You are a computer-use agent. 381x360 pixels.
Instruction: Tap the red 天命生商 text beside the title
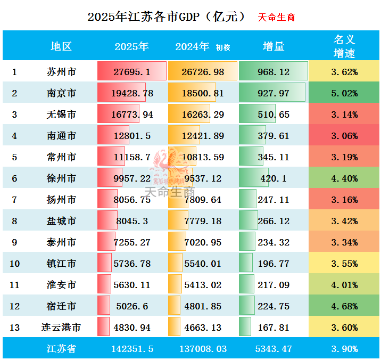(276, 17)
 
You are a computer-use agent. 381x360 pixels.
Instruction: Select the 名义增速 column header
(344, 46)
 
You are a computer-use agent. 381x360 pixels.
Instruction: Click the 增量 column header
(274, 46)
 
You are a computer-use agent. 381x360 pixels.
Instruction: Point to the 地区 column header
(61, 46)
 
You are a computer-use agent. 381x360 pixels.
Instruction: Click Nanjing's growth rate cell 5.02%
(344, 93)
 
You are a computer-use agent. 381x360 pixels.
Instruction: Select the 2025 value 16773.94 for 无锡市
(132, 114)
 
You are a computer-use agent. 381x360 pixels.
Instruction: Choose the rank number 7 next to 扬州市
(14, 200)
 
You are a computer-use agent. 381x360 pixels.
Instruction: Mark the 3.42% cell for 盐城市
(344, 221)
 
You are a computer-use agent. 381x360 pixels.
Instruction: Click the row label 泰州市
(61, 242)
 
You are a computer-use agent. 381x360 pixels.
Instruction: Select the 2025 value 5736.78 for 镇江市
(132, 264)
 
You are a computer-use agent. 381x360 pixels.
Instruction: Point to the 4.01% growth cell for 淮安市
(344, 285)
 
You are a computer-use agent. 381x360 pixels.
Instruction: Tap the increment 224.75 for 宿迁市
(274, 306)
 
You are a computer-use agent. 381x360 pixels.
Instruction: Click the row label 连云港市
(61, 328)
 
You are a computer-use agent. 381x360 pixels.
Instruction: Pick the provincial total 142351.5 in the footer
(132, 349)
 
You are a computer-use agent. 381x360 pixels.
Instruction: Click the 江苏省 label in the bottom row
(61, 349)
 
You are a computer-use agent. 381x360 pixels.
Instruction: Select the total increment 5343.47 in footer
(274, 349)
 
